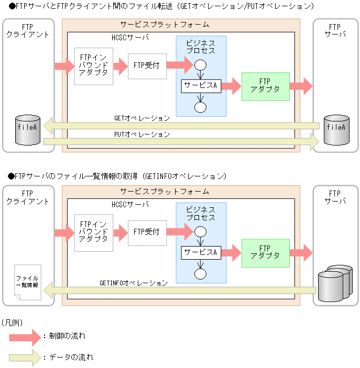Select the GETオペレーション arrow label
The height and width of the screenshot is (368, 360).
click(141, 118)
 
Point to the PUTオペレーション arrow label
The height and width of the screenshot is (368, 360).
click(141, 135)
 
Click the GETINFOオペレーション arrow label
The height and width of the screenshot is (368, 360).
click(133, 283)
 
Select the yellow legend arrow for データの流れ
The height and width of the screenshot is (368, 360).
click(24, 358)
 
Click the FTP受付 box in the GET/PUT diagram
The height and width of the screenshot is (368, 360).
click(146, 65)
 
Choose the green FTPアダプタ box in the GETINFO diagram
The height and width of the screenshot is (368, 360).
click(265, 252)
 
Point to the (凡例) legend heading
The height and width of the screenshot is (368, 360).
click(13, 321)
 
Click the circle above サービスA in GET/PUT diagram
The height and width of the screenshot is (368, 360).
click(200, 66)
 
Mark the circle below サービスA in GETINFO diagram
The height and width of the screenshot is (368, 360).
click(200, 273)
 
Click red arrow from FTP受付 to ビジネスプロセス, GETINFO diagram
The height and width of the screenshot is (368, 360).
click(179, 231)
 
